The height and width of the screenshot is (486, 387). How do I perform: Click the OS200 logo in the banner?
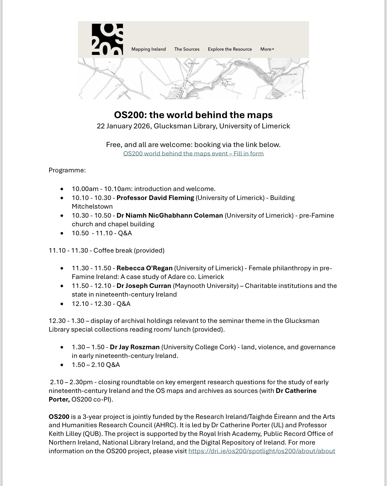107,39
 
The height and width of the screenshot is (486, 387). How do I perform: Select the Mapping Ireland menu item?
149,49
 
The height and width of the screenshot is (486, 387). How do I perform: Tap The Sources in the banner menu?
187,49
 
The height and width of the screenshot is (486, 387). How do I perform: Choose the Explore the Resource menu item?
230,49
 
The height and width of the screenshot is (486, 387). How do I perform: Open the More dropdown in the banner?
267,49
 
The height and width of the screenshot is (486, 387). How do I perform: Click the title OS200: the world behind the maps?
193,115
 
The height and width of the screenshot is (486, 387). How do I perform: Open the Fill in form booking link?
193,153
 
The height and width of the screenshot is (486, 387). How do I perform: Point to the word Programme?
67,170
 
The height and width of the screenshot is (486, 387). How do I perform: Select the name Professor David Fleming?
155,198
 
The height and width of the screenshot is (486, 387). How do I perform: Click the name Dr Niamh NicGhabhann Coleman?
170,215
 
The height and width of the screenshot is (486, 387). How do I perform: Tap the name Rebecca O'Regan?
144,268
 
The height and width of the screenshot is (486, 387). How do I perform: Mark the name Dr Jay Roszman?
134,347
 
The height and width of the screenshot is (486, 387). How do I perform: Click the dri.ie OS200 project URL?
262,451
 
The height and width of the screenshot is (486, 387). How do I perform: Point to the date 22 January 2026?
124,126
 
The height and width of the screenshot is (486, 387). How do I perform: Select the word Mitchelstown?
92,206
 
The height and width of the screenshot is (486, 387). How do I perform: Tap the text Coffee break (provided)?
129,250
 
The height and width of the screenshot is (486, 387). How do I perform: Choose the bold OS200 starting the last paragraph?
59,417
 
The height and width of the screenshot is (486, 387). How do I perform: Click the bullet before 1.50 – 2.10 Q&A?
62,365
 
